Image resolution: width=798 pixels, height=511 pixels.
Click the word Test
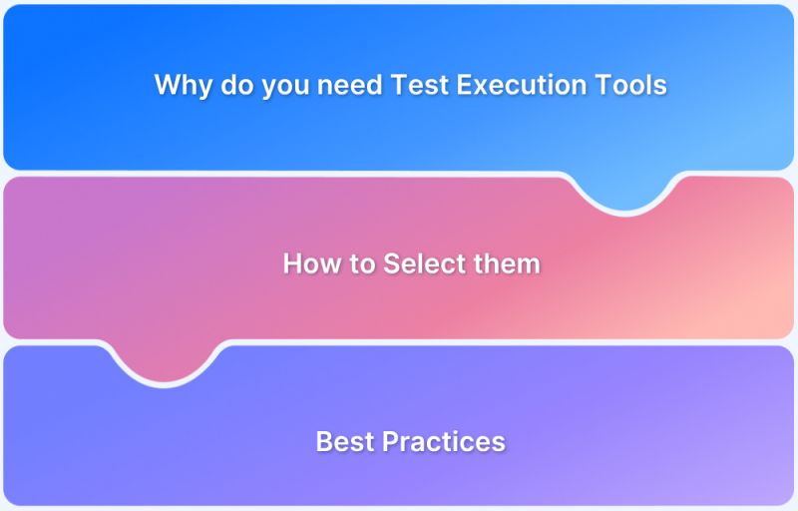421,86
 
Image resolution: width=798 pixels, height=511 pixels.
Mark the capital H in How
292,263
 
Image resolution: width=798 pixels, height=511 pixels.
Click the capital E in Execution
465,86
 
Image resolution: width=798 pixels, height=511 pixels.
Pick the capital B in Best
324,441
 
